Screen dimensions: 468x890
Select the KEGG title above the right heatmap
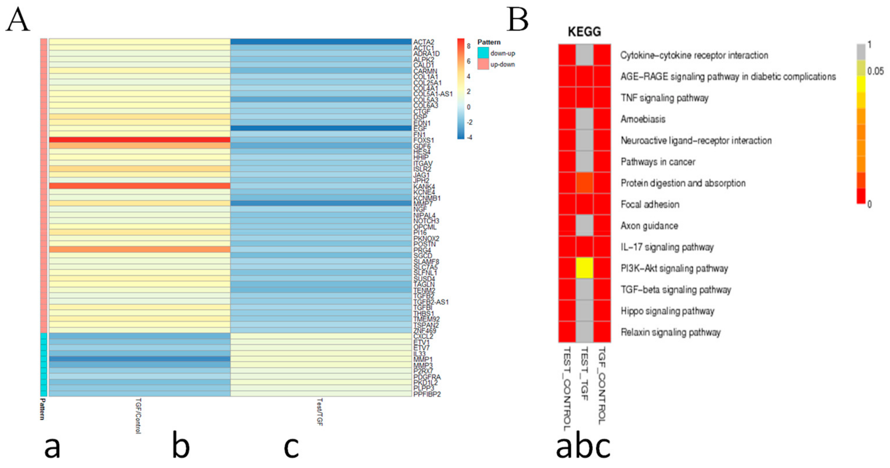click(x=584, y=32)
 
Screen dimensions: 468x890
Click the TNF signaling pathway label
click(x=664, y=98)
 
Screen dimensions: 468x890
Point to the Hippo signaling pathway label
click(x=667, y=311)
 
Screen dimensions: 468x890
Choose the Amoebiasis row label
click(x=643, y=119)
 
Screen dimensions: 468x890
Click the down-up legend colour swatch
click(x=483, y=53)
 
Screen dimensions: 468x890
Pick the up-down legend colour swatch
click(x=483, y=64)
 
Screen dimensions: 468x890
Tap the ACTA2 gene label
click(x=424, y=42)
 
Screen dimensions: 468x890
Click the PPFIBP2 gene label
click(x=427, y=394)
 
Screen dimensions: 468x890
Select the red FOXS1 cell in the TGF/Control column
click(x=140, y=140)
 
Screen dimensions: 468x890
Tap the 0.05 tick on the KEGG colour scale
click(x=875, y=71)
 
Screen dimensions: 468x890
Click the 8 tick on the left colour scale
click(x=468, y=46)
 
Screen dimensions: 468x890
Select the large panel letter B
click(x=517, y=20)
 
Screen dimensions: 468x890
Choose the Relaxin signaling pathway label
click(x=670, y=332)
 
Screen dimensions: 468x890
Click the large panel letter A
click(x=18, y=20)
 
